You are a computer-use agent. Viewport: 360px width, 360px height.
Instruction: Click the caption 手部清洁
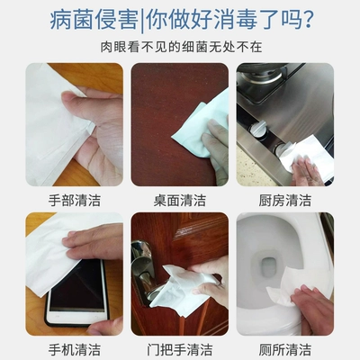coord(75,200)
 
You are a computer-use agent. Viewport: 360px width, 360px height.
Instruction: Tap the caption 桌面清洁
coord(180,200)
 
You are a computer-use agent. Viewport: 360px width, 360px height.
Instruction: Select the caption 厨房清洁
coord(285,200)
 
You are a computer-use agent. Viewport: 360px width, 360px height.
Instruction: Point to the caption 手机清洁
coord(75,350)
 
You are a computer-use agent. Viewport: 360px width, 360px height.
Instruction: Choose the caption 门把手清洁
coord(180,350)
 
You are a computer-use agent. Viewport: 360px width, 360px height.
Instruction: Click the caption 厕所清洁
coord(285,350)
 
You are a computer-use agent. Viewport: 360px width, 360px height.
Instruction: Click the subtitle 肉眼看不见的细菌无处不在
coord(181,47)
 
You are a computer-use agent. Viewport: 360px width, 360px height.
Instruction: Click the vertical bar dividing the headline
coord(142,21)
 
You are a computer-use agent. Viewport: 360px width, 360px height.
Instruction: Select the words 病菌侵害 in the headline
coord(94,20)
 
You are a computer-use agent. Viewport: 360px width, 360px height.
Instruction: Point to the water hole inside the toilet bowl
coord(266,264)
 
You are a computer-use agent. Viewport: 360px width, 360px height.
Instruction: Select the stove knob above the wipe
coord(258,128)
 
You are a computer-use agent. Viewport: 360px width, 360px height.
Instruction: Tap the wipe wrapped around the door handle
coord(180,290)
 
